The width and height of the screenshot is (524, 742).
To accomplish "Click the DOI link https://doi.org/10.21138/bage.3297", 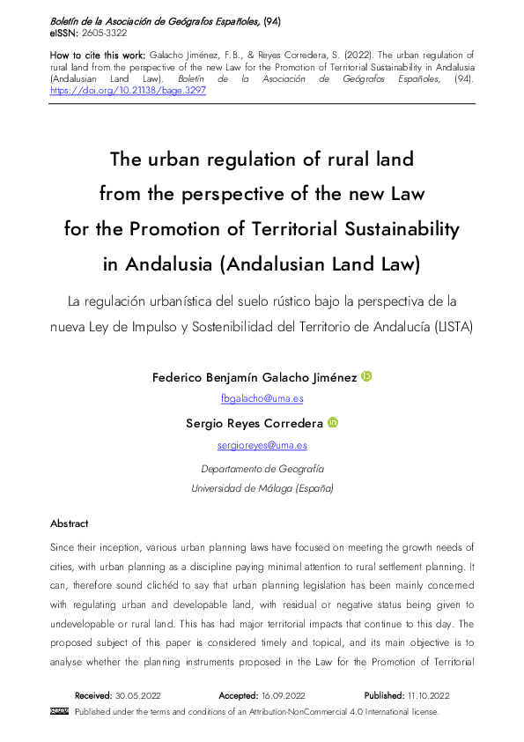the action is click(x=128, y=90).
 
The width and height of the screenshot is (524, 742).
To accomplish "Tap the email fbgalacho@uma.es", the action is click(x=262, y=398).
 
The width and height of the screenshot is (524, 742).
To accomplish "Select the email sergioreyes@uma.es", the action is click(x=262, y=445).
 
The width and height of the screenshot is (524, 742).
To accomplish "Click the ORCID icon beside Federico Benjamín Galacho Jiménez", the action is click(x=367, y=377).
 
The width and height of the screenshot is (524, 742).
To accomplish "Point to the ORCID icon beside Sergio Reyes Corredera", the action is click(x=333, y=423).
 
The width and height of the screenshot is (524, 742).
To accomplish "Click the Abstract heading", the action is click(x=70, y=523).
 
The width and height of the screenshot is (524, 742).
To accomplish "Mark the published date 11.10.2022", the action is click(x=432, y=695).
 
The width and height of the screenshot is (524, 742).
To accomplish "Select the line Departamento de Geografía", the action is click(x=262, y=469).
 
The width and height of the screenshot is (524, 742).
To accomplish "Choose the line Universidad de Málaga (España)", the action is click(x=262, y=488).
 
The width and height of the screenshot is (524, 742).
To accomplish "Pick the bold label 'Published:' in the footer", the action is click(x=385, y=695).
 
